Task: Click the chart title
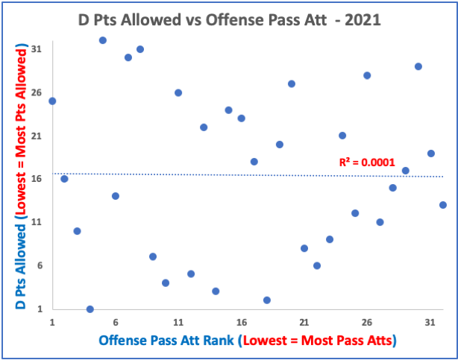pyautogui.click(x=230, y=20)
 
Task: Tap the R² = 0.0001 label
pyautogui.click(x=367, y=162)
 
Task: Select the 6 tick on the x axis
pyautogui.click(x=116, y=322)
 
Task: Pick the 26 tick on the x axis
pyautogui.click(x=367, y=322)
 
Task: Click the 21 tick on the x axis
pyautogui.click(x=304, y=322)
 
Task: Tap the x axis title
pyautogui.click(x=247, y=341)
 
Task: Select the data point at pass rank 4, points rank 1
pyautogui.click(x=90, y=309)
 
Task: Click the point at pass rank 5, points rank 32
pyautogui.click(x=103, y=40)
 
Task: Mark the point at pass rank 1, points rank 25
pyautogui.click(x=52, y=101)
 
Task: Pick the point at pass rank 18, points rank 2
pyautogui.click(x=266, y=300)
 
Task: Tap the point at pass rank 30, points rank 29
pyautogui.click(x=418, y=66)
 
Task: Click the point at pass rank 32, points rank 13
pyautogui.click(x=443, y=205)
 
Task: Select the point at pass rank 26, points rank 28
pyautogui.click(x=367, y=75)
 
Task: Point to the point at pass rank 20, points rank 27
pyautogui.click(x=292, y=83)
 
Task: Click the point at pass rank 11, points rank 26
pyautogui.click(x=178, y=92)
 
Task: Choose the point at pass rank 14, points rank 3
pyautogui.click(x=216, y=291)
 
